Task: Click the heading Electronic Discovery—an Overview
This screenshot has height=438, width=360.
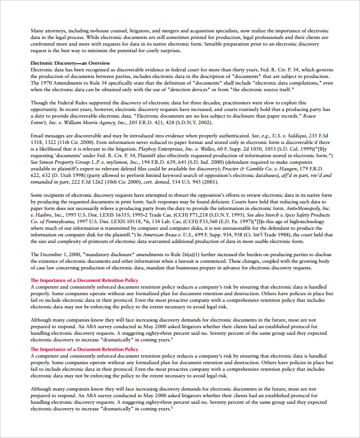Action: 70,63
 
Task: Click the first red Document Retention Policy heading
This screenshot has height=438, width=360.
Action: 85,280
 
